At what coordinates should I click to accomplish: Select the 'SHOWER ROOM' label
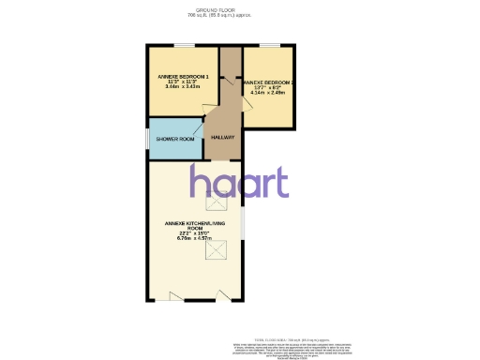coord(175,139)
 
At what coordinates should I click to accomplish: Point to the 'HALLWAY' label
coord(222,138)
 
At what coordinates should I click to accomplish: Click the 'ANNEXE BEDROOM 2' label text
coord(266,82)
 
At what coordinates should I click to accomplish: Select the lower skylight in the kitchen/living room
coord(222,250)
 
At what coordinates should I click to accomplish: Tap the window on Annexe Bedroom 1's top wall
coord(184,45)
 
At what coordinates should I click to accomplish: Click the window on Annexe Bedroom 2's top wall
coord(269,45)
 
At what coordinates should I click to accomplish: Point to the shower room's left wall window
coord(147,140)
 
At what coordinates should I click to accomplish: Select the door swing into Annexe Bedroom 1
coord(207,110)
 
